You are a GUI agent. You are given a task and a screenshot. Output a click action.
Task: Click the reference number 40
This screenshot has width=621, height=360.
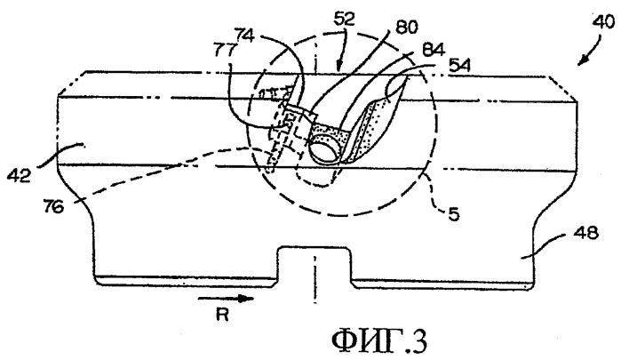coord(603,22)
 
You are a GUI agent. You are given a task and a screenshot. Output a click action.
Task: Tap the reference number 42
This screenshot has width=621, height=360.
coord(20,175)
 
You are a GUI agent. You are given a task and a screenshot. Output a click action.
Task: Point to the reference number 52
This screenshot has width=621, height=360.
coord(344,19)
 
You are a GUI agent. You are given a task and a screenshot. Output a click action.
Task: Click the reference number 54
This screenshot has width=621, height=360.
coord(460,66)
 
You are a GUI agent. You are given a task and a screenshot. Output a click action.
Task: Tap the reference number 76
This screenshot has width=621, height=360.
coord(54,206)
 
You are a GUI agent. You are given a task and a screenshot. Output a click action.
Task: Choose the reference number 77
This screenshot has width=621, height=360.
coord(225,51)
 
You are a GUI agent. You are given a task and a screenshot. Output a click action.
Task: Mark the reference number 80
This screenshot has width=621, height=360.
coord(406,28)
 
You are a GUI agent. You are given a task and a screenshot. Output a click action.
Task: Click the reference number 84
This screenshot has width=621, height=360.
coord(434,50)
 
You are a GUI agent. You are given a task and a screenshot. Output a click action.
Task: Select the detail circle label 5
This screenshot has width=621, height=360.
coord(454,214)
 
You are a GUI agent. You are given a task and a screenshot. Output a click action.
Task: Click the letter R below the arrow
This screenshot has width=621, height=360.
coord(223,315)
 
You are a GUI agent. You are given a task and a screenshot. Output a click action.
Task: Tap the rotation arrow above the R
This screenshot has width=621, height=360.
coord(226,298)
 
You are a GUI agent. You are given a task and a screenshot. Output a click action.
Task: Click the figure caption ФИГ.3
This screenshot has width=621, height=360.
coord(380,341)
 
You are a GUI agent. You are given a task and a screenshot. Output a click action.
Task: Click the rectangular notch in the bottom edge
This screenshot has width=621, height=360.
coord(314,265)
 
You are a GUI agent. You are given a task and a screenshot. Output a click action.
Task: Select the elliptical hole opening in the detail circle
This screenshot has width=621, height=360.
coord(324,149)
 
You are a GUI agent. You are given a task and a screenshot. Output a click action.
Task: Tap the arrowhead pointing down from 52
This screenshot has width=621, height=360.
coord(338,66)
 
